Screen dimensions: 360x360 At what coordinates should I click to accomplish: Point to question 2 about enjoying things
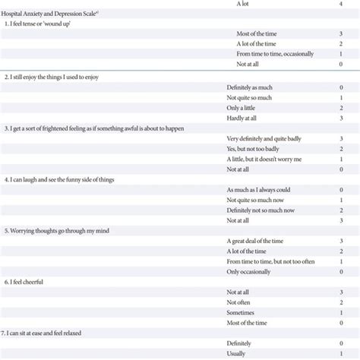click(52, 77)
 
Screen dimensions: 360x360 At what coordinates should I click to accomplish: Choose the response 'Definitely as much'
click(254, 88)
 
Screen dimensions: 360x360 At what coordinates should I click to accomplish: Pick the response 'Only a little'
click(245, 109)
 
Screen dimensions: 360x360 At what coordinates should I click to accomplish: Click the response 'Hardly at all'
click(245, 118)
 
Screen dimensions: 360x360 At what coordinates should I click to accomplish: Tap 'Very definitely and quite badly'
click(269, 139)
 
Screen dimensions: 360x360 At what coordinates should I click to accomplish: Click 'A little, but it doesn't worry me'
click(264, 159)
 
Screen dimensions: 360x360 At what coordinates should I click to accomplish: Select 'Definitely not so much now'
click(261, 210)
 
